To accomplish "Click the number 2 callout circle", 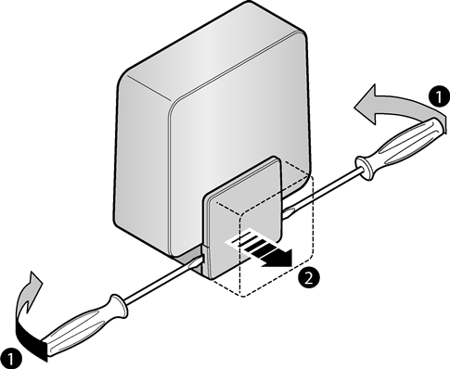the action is click(309, 277).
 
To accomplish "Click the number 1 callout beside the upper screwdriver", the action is click(439, 96).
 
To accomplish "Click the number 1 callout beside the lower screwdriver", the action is click(11, 359).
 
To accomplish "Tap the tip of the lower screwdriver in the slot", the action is click(198, 261).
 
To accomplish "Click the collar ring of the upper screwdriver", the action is click(365, 169).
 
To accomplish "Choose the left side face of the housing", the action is click(142, 160).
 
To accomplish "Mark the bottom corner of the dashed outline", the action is click(244, 297).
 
